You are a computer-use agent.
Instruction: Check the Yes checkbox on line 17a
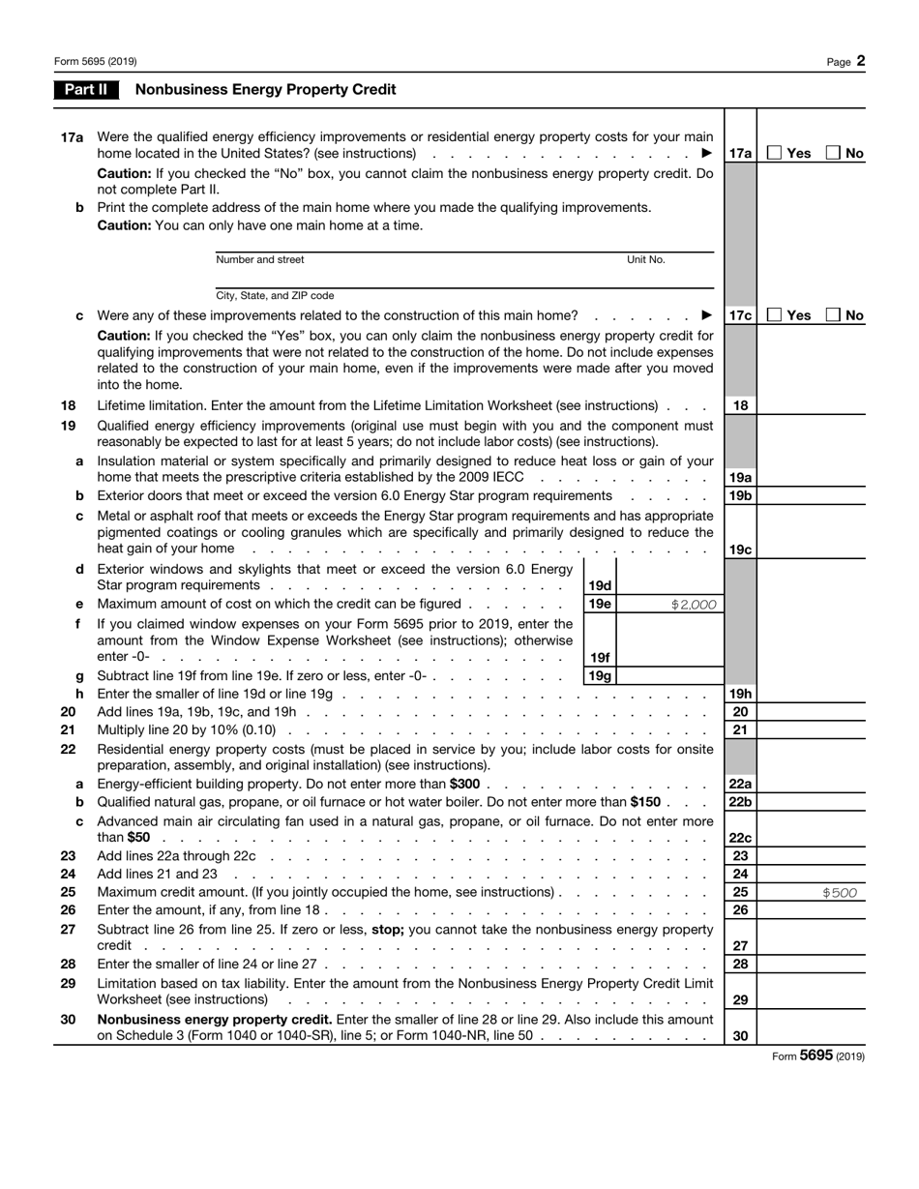[x=774, y=153]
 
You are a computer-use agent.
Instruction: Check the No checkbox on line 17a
[x=834, y=153]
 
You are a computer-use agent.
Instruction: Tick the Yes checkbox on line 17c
[x=774, y=315]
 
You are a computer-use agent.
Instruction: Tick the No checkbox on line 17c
[x=834, y=315]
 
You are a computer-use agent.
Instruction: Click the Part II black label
[x=87, y=90]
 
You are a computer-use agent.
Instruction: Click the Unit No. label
[x=646, y=259]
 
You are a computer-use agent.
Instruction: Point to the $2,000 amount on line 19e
[x=694, y=605]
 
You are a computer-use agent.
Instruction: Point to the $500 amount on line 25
[x=839, y=893]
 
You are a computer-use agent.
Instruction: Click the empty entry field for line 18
[x=811, y=405]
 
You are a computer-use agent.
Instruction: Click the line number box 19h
[x=740, y=694]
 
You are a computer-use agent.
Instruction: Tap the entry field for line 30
[x=811, y=1035]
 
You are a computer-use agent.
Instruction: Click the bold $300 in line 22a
[x=464, y=784]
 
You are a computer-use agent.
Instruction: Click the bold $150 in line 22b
[x=644, y=802]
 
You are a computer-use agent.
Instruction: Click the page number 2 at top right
[x=860, y=61]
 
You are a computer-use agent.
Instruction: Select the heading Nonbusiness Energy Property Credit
[x=266, y=90]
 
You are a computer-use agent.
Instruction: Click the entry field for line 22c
[x=811, y=837]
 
